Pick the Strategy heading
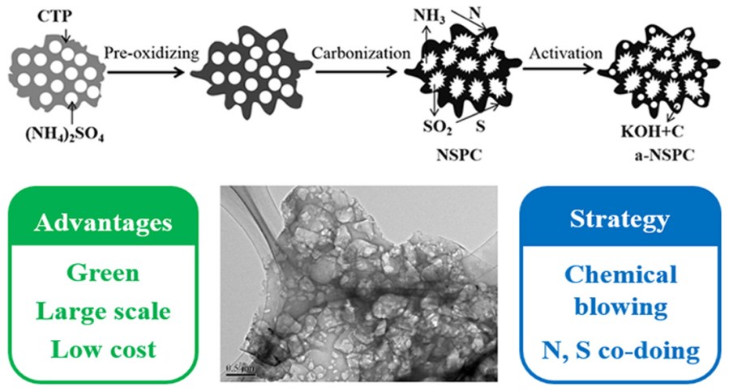pyautogui.click(x=620, y=219)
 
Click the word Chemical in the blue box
pyautogui.click(x=620, y=274)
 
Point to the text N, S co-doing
pyautogui.click(x=620, y=350)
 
